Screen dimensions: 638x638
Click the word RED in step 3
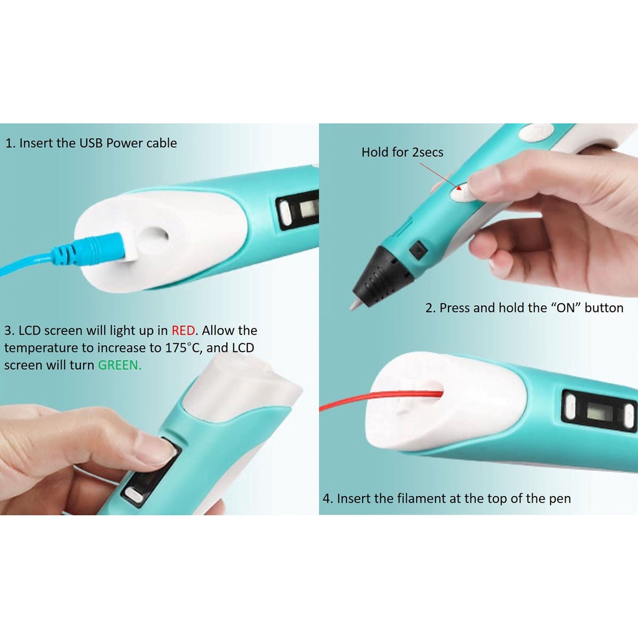pos(183,330)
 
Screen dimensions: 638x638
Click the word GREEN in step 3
pos(120,365)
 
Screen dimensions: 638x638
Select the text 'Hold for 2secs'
pos(402,152)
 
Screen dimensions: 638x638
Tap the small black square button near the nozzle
pos(418,249)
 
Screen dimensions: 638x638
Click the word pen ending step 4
pos(560,499)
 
